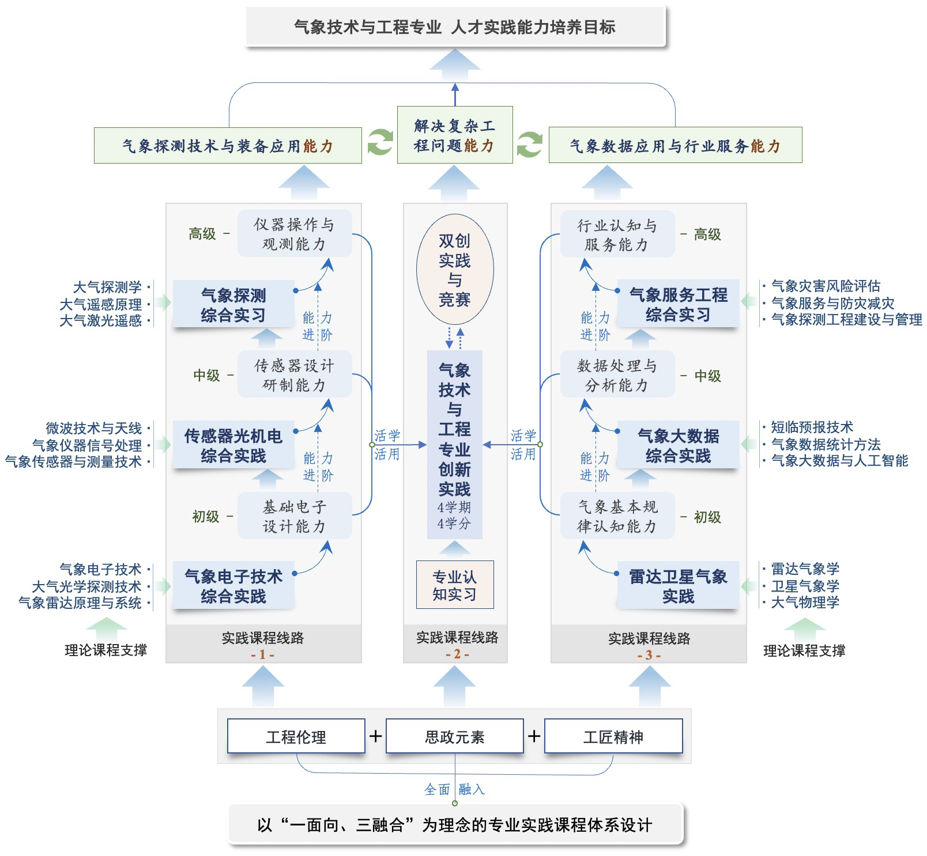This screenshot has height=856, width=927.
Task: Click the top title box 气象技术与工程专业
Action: point(455,26)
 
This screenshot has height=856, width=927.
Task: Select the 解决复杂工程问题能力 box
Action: point(454,135)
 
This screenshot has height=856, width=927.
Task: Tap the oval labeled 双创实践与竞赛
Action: point(455,270)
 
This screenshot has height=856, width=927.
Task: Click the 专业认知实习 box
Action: point(455,585)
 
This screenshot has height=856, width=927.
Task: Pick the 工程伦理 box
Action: point(296,736)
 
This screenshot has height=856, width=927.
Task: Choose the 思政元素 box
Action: point(454,736)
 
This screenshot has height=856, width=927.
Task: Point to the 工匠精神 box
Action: point(613,736)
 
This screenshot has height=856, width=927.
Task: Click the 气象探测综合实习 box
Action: point(233,305)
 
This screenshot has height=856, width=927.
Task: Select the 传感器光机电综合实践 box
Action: point(233,446)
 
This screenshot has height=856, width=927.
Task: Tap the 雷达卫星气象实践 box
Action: point(678,586)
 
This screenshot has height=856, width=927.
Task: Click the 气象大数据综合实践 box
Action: point(678,446)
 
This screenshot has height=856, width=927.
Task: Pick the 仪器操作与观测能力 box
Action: point(294,234)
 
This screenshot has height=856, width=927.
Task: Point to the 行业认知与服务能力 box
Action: point(617,235)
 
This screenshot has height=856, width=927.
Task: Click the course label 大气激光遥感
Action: point(101,321)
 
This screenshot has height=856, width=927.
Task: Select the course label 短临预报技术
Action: point(812,427)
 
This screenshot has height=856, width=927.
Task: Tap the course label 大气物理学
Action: point(805,603)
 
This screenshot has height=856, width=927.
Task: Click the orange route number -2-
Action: point(457,654)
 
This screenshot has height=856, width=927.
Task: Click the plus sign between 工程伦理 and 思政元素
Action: point(375,736)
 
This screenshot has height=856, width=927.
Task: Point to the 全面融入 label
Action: point(454,789)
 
